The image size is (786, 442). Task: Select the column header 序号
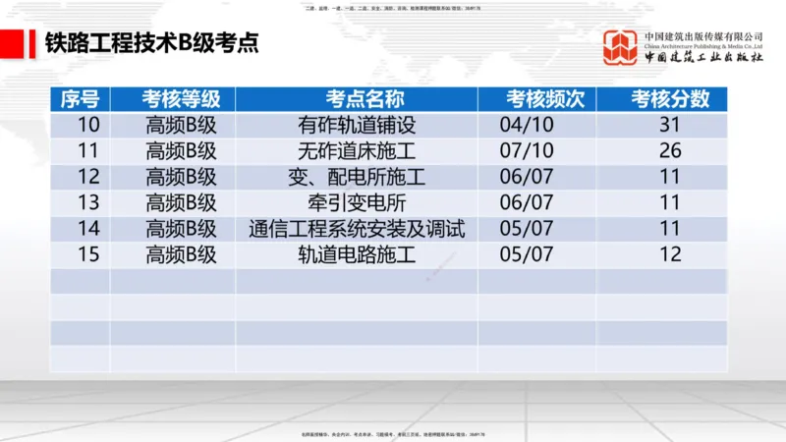click(80, 98)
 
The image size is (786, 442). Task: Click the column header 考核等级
click(173, 98)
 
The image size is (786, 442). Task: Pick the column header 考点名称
click(357, 98)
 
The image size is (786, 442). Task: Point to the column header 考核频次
click(536, 98)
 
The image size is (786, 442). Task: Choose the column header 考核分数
click(661, 98)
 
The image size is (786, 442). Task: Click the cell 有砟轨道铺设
click(357, 125)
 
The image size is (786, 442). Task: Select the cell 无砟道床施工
click(357, 151)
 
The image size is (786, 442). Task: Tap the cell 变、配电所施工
click(357, 178)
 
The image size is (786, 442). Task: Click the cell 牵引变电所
click(357, 203)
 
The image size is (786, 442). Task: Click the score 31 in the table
click(670, 125)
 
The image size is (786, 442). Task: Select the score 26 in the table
click(670, 151)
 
